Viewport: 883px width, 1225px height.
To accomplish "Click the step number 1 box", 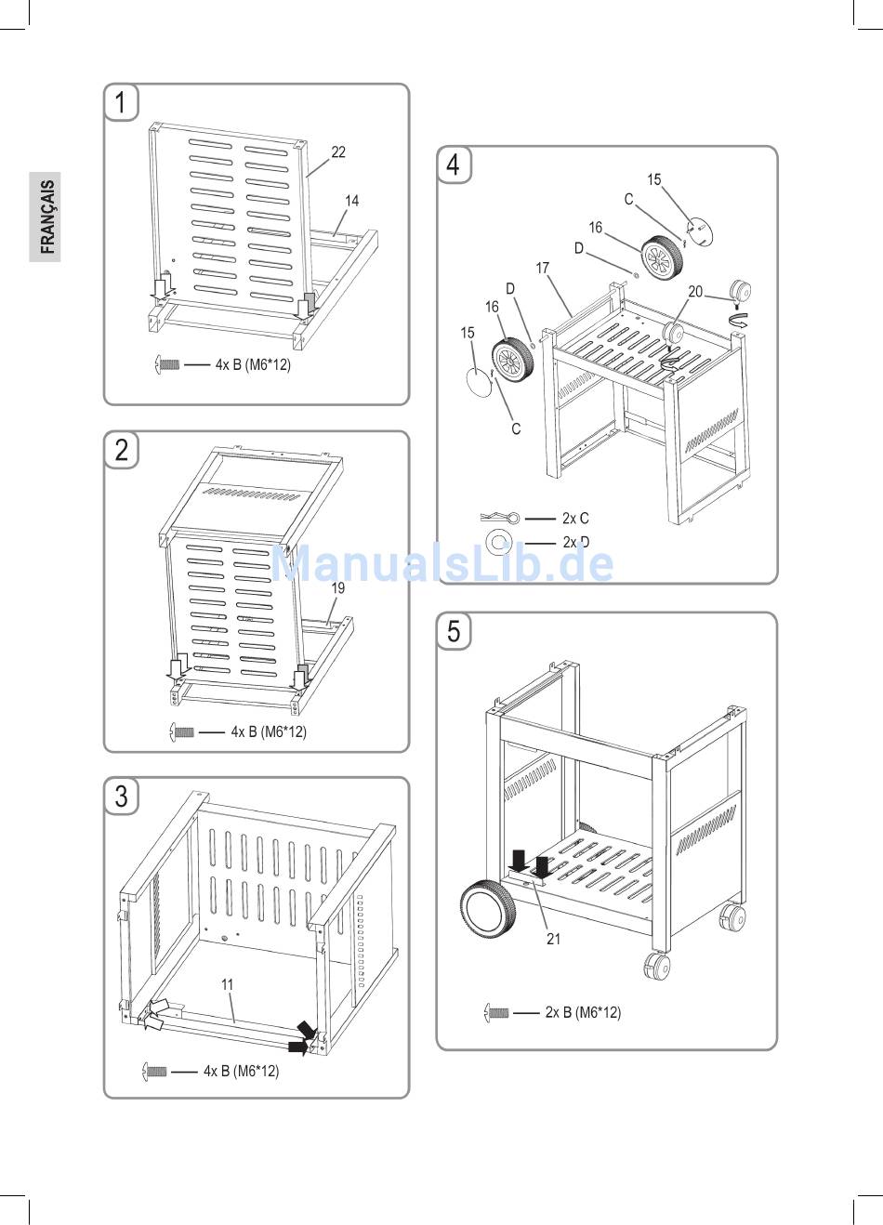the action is pyautogui.click(x=121, y=102).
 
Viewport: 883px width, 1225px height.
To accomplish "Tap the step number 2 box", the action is pyautogui.click(x=121, y=450).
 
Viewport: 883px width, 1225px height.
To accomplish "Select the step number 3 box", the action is pyautogui.click(x=121, y=796).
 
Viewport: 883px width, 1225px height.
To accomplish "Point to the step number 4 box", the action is pyautogui.click(x=454, y=165).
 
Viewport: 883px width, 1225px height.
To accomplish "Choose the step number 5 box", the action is pyautogui.click(x=454, y=631).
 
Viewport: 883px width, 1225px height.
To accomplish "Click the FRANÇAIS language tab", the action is pyautogui.click(x=46, y=217).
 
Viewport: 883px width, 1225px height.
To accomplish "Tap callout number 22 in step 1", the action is pyautogui.click(x=338, y=152).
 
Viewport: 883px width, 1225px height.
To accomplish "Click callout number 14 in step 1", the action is pyautogui.click(x=351, y=201).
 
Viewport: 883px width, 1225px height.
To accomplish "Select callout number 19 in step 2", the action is pyautogui.click(x=338, y=588).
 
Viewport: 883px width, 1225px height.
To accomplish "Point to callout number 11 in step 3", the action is pyautogui.click(x=227, y=984).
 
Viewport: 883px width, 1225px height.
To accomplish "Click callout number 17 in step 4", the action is pyautogui.click(x=542, y=268).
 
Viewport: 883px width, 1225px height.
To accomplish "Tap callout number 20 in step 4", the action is pyautogui.click(x=695, y=292).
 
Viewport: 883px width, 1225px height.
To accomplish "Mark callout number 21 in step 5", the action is pyautogui.click(x=553, y=939).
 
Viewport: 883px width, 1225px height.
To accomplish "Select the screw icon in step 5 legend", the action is pyautogui.click(x=496, y=1013).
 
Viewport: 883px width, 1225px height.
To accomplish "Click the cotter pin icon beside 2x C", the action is pyautogui.click(x=500, y=517).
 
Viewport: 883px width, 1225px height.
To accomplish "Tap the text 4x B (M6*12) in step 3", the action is pyautogui.click(x=241, y=1071).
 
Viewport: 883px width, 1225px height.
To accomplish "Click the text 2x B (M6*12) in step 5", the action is pyautogui.click(x=583, y=1012).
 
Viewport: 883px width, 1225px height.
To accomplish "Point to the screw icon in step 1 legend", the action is pyautogui.click(x=166, y=363).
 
